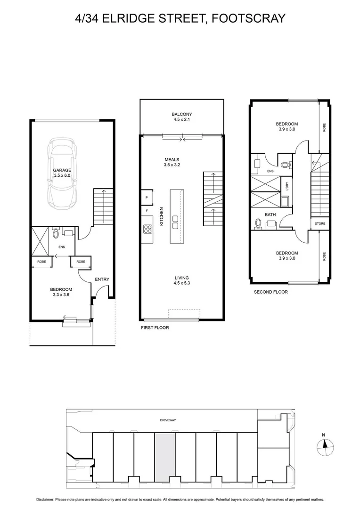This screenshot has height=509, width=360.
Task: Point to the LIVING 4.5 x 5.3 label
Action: click(x=181, y=281)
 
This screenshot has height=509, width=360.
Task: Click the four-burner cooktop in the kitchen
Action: click(x=148, y=229)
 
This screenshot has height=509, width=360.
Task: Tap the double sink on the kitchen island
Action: click(x=176, y=222)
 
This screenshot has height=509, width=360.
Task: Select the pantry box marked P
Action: click(x=147, y=197)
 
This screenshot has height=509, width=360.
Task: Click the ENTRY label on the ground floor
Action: click(x=102, y=279)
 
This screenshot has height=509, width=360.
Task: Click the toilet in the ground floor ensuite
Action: click(x=56, y=233)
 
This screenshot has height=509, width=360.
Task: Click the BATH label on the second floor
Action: click(x=270, y=214)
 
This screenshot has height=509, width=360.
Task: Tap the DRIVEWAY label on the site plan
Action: click(x=168, y=420)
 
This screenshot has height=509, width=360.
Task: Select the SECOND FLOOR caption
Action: click(x=271, y=292)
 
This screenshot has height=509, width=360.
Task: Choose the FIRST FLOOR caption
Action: click(x=155, y=328)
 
